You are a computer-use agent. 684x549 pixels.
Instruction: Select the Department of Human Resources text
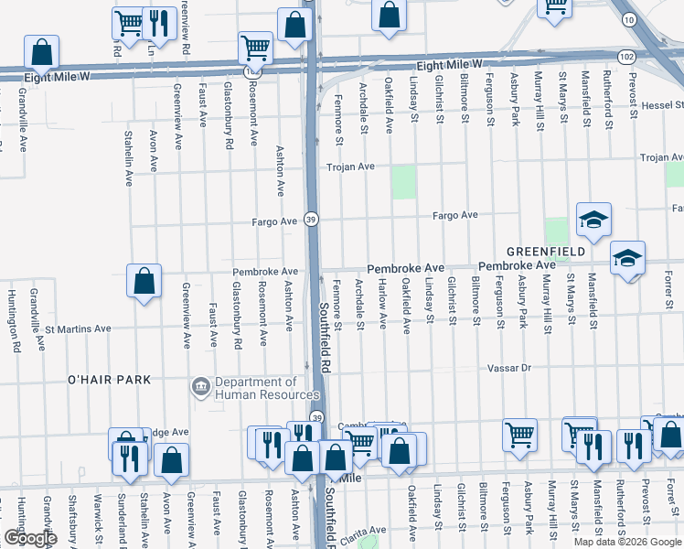click(x=256, y=388)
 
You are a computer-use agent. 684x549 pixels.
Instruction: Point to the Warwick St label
click(x=98, y=517)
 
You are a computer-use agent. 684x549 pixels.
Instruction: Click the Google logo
click(x=29, y=538)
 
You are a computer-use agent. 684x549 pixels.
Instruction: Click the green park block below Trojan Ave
click(x=403, y=183)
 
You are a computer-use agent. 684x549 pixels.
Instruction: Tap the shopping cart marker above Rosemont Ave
click(x=255, y=47)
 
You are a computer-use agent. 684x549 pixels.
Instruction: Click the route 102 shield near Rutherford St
click(x=625, y=57)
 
